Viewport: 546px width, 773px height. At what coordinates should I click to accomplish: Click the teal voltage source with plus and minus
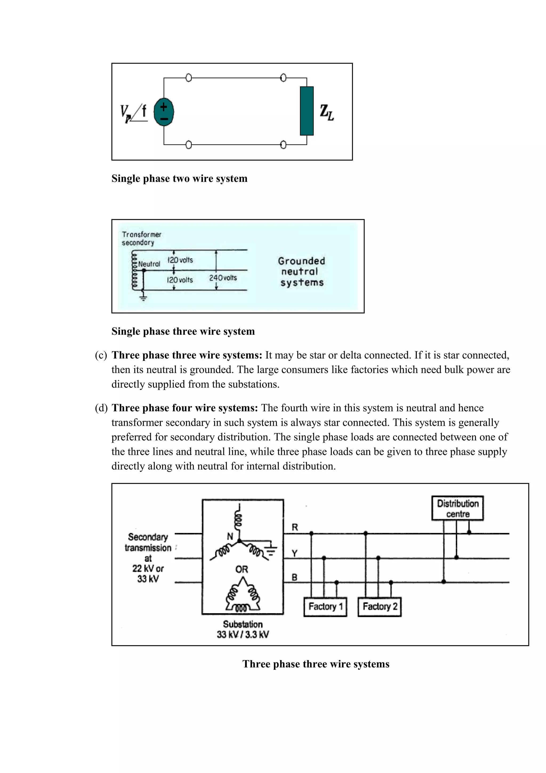[164, 112]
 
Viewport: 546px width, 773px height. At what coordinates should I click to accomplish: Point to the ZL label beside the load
[326, 113]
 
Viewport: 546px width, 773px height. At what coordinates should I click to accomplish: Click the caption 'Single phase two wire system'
[179, 178]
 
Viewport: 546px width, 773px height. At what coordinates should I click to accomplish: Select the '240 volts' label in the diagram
[223, 278]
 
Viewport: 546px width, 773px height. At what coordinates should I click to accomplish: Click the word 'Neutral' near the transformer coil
[149, 264]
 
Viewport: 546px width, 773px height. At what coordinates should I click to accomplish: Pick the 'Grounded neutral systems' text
[302, 272]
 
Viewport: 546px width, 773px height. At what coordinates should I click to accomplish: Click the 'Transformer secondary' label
[141, 238]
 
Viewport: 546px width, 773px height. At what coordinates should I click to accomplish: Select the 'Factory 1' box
[325, 607]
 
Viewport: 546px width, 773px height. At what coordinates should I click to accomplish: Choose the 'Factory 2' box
[379, 607]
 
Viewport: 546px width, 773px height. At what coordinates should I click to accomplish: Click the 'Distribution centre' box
[457, 508]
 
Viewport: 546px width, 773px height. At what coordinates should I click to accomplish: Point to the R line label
[295, 527]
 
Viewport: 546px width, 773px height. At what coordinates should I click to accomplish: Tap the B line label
[294, 577]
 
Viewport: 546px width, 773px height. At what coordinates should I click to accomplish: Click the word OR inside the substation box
[242, 569]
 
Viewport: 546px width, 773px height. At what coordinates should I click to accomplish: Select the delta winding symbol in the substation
[243, 595]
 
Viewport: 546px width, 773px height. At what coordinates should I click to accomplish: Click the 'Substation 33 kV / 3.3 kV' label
[243, 629]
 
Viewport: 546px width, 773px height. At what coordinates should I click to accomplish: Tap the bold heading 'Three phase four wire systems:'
[185, 408]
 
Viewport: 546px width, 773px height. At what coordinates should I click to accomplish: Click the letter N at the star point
[230, 536]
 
